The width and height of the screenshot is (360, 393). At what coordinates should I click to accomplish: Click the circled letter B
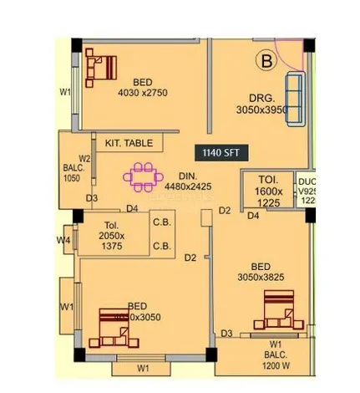click(x=264, y=60)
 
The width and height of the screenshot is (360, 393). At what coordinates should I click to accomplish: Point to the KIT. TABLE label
click(x=129, y=143)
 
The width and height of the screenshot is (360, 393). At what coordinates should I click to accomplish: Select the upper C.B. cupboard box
click(x=161, y=222)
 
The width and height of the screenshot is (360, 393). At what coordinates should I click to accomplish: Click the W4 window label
click(x=63, y=241)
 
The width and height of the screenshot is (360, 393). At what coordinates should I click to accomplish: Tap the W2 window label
click(x=84, y=157)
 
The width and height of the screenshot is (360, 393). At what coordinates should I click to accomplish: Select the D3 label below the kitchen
click(x=92, y=198)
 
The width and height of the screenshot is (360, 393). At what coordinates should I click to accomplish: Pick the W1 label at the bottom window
click(x=142, y=367)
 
